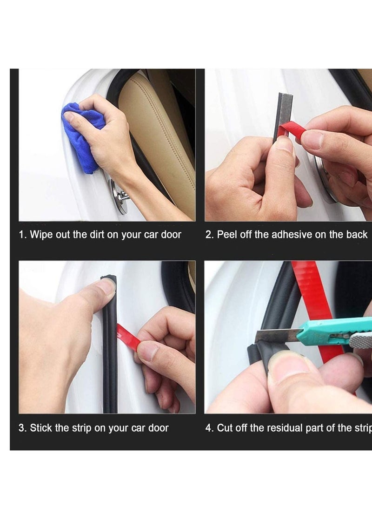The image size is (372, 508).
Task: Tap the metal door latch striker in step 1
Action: (119, 196)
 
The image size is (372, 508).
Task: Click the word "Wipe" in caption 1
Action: (41, 234)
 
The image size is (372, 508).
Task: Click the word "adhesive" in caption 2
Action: (292, 234)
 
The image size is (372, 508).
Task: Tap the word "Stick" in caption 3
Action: (41, 427)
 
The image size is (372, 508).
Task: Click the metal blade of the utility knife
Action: (278, 336)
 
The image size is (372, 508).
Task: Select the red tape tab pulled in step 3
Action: (128, 338)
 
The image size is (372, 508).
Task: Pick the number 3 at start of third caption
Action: (22, 427)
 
